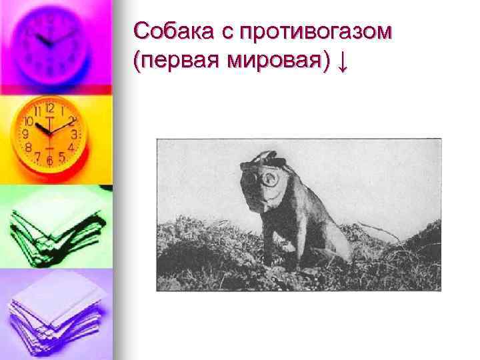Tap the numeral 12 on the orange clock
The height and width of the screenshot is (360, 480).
point(49,107)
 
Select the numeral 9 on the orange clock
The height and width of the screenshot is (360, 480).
point(26,134)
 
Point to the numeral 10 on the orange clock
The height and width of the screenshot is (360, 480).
point(29,122)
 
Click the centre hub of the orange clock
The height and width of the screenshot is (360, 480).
point(49,133)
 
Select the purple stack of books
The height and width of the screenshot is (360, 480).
point(53,313)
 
